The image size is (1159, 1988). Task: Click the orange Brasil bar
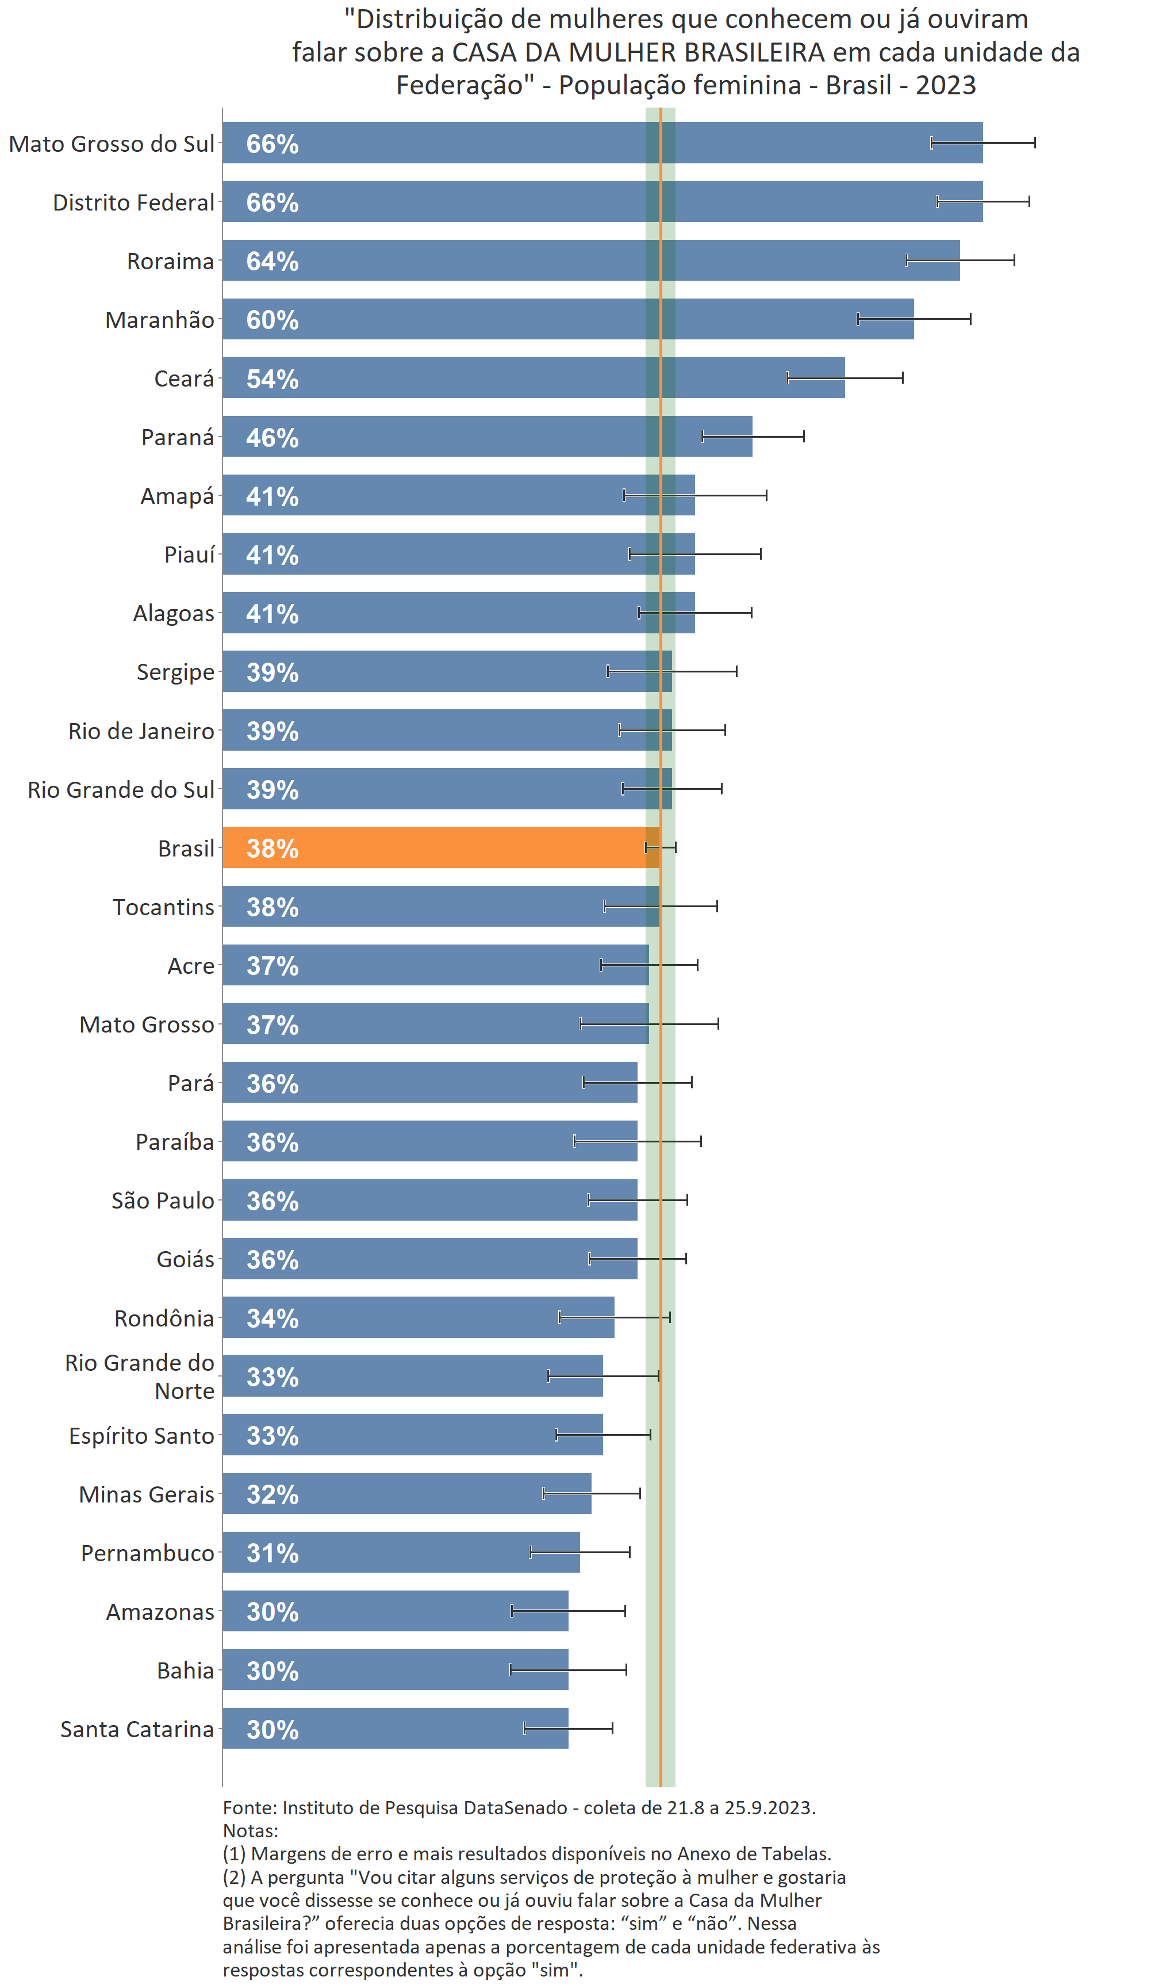pos(442,847)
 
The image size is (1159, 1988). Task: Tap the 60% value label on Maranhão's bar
pos(272,319)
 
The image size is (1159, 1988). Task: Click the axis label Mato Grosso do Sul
pos(111,144)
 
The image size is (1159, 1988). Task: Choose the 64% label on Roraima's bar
pos(272,261)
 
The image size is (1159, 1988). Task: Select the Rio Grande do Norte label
pos(140,1377)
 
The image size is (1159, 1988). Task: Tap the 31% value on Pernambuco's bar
pos(272,1553)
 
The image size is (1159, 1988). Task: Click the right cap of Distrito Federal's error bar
pos(1029,201)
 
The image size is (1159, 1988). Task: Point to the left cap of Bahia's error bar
pos(511,1669)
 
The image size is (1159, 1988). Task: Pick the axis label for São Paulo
pos(163,1200)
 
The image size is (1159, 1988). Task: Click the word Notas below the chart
pos(249,1830)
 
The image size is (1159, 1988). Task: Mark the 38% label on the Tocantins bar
pos(272,907)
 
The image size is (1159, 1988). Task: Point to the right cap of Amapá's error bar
pos(766,495)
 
